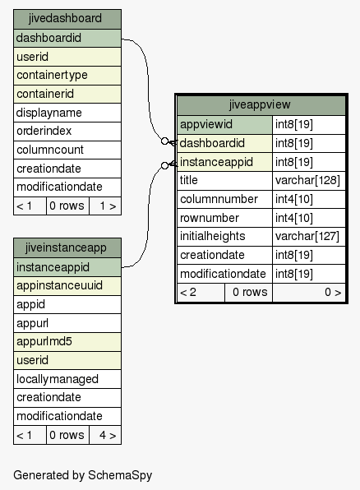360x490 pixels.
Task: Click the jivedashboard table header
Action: tap(67, 19)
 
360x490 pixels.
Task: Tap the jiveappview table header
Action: tap(261, 105)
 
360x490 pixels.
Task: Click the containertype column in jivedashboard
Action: tap(67, 76)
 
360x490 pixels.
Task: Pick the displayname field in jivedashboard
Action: tap(67, 113)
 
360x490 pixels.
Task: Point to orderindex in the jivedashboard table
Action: tap(67, 132)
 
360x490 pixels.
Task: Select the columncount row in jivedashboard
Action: tap(67, 150)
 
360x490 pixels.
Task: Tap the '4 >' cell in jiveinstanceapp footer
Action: tap(105, 435)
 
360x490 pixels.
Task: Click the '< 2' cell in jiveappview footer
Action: tap(201, 293)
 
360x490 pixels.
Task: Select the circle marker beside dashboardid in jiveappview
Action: tap(164, 141)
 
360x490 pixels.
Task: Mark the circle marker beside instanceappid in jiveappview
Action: tap(164, 165)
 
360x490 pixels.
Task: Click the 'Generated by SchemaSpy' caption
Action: tap(83, 475)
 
